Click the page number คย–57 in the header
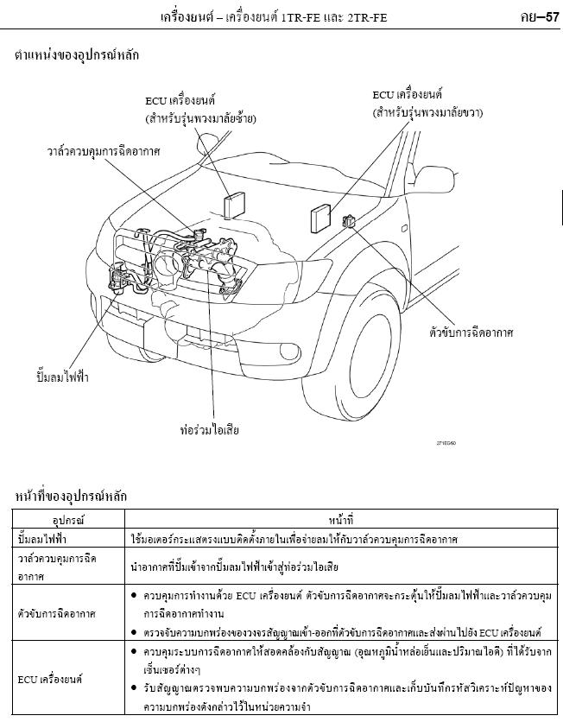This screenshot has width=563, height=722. coord(537,16)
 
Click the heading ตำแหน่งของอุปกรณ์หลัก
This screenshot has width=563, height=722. coord(77,55)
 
